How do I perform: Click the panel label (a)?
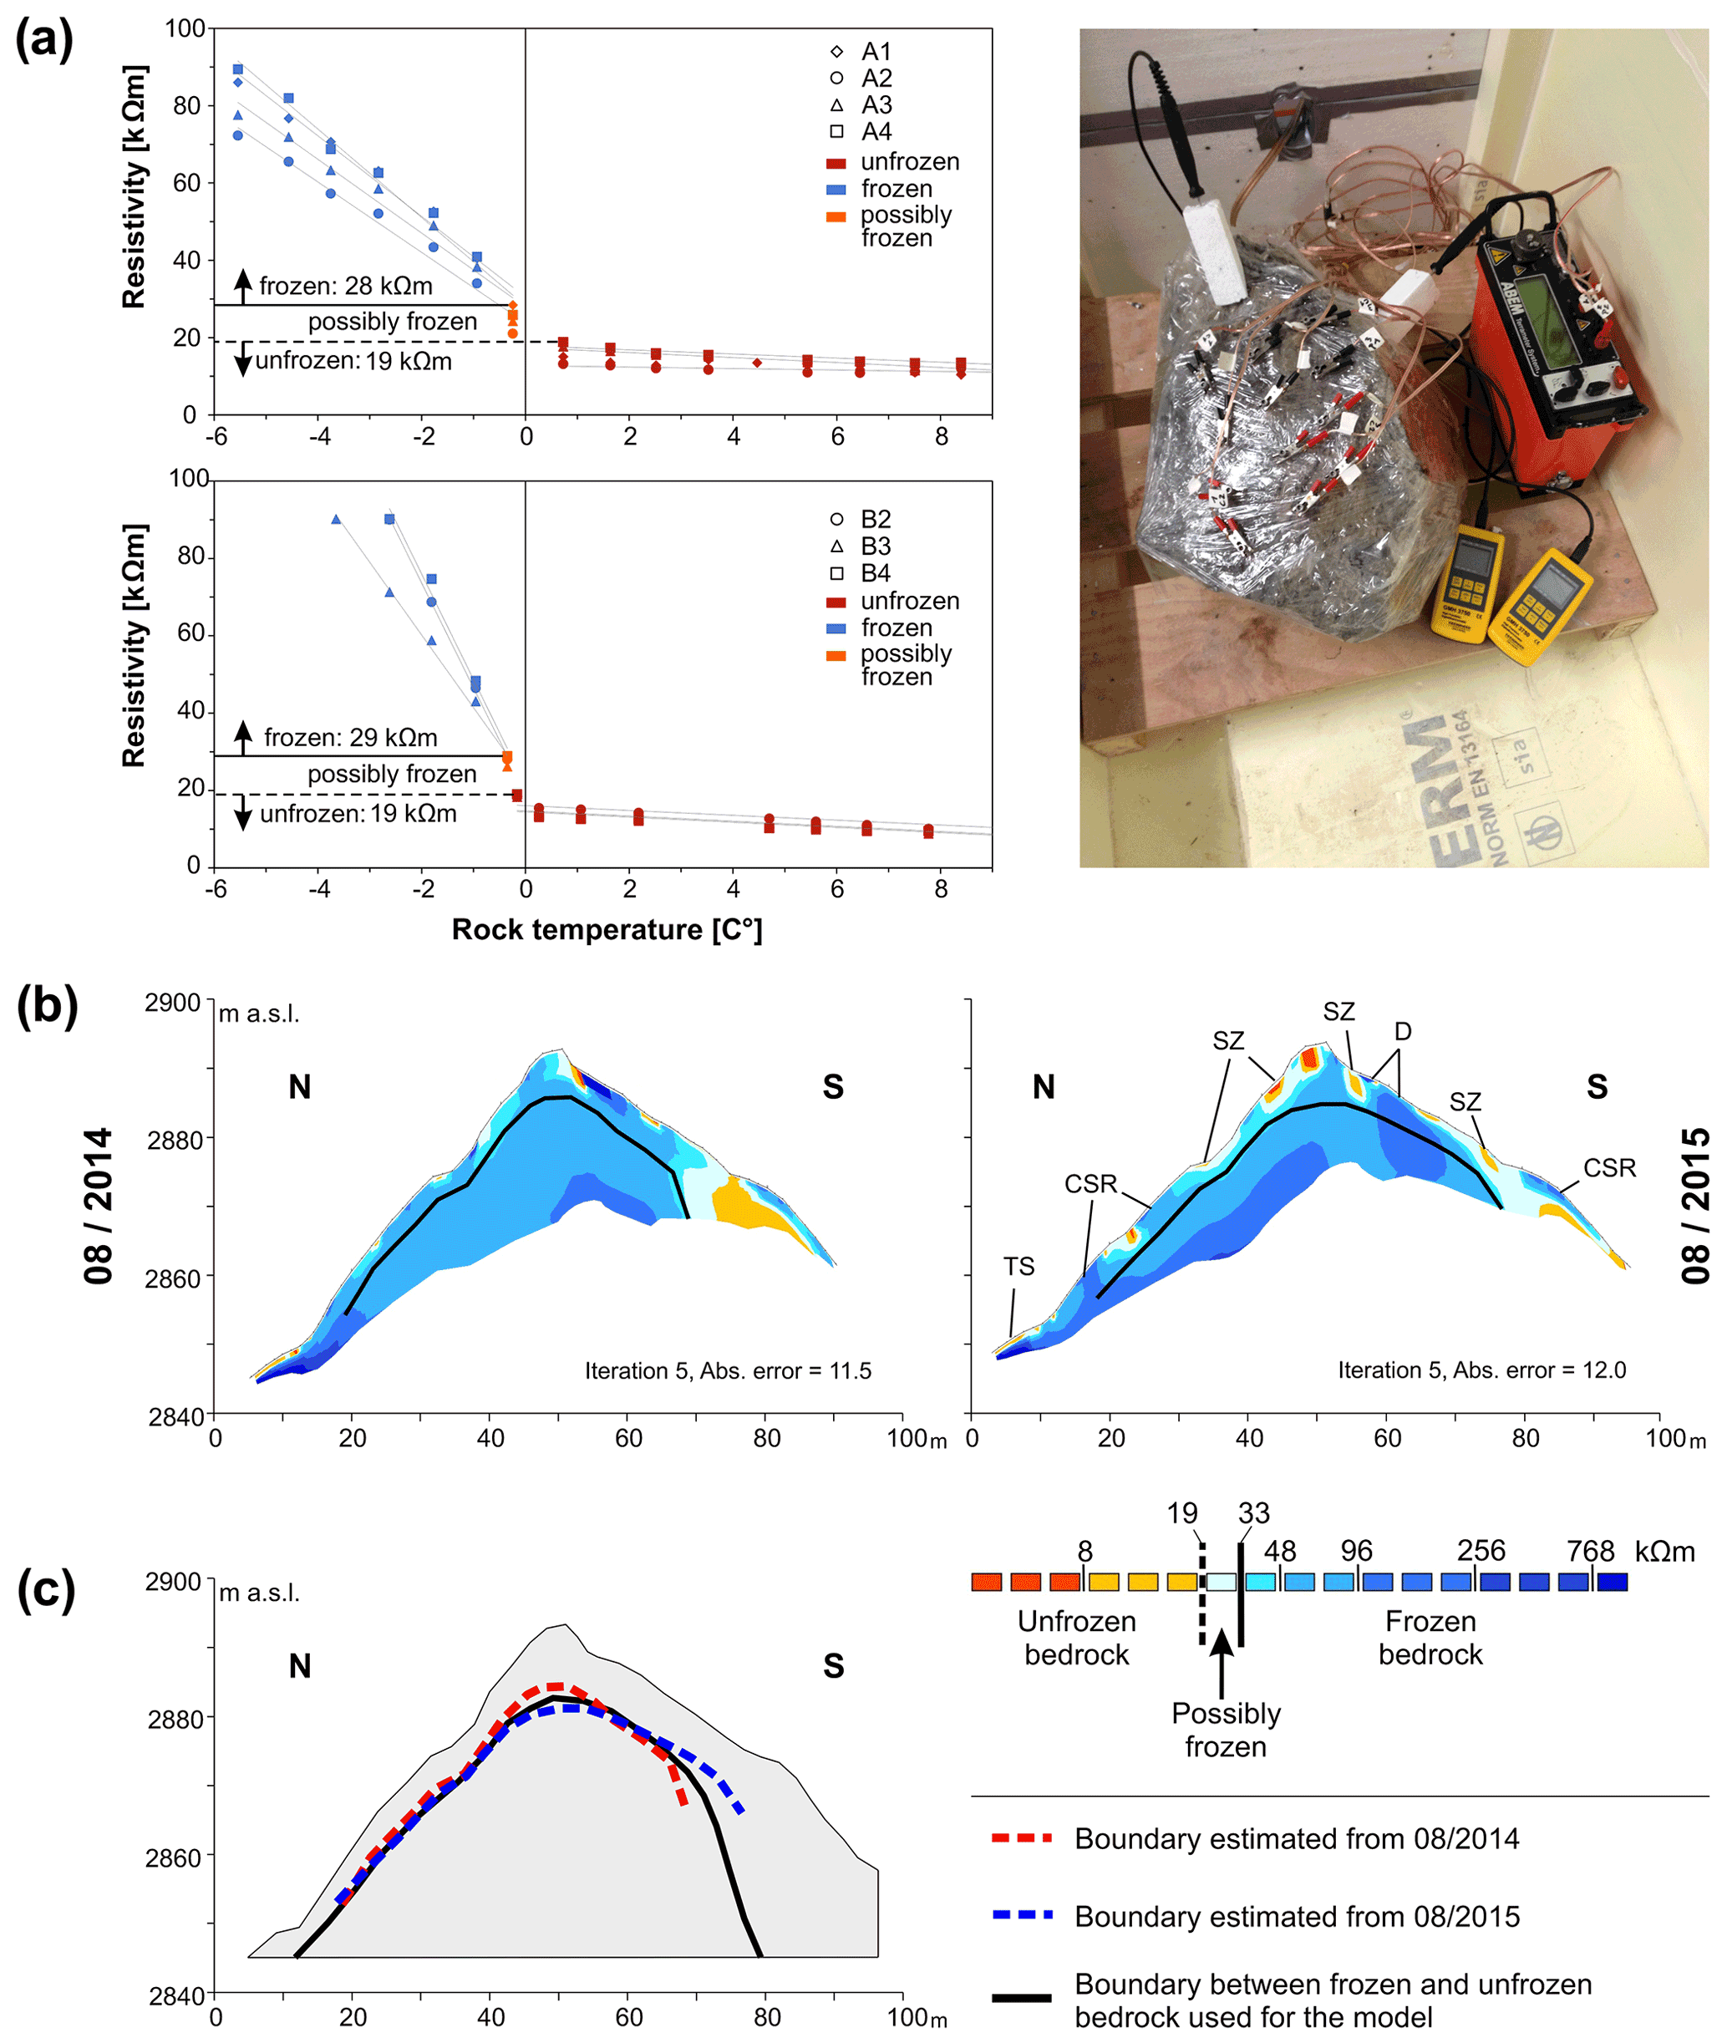[44, 42]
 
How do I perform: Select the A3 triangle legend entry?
[836, 104]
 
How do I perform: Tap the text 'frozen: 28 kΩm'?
[346, 286]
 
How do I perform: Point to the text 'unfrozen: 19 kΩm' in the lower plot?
[358, 814]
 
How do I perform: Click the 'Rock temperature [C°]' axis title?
[606, 929]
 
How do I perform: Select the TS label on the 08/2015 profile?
[1018, 1266]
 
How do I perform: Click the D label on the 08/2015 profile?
[1403, 1031]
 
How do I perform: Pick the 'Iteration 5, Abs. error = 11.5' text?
[728, 1370]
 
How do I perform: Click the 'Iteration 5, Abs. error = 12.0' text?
[1481, 1370]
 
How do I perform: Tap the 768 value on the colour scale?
[1590, 1551]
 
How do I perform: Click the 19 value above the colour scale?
[1181, 1513]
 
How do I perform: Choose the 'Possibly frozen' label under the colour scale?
[1226, 1730]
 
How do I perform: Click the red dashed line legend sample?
[1021, 1838]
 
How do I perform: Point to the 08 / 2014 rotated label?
[98, 1205]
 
